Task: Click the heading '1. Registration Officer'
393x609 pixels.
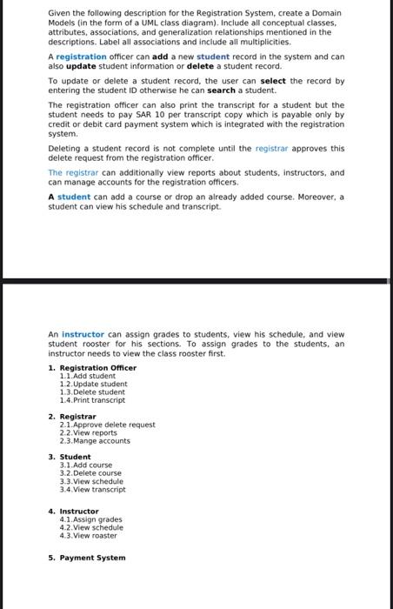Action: click(x=92, y=367)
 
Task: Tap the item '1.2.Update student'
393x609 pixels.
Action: click(x=93, y=384)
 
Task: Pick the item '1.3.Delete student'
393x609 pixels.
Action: click(x=92, y=391)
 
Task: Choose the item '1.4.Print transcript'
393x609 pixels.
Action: click(x=92, y=400)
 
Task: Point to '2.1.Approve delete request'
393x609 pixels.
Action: click(x=107, y=425)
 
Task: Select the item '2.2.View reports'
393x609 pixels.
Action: click(x=88, y=432)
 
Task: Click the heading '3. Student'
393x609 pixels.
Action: click(x=70, y=457)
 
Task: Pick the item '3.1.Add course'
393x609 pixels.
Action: click(x=86, y=465)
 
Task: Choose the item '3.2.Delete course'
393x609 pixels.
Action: click(x=90, y=473)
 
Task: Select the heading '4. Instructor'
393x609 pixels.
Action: click(x=74, y=511)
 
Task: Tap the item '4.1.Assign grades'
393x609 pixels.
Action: click(x=90, y=519)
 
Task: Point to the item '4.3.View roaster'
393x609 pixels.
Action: click(x=88, y=535)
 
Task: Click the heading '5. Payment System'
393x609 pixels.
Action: click(x=87, y=558)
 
